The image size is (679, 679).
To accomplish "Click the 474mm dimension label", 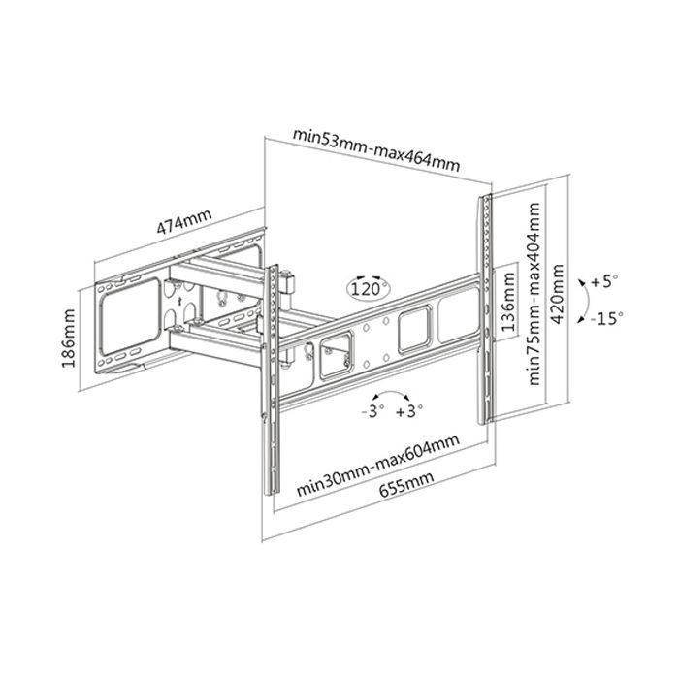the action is coord(184,222).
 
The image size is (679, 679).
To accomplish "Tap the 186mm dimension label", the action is coord(68,339).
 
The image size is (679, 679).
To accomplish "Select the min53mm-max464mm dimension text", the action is coord(376,149).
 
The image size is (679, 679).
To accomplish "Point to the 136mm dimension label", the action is coord(508,302).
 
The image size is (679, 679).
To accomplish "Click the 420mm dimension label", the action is coord(557,294).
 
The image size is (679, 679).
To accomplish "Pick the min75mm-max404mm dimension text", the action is coord(533,294).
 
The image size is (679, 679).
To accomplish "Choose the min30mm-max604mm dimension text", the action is coord(377,466).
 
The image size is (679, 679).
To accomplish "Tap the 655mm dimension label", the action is coord(406,485).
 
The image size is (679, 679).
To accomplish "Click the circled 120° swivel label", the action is coord(369,287).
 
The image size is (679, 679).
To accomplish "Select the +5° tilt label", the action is coord(604,281).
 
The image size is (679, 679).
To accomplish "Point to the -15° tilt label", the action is coord(606,319).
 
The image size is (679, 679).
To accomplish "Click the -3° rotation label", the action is coord(372,411).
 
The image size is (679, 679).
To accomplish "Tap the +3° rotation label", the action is coord(409,411).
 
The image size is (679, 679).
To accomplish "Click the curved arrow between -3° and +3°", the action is coord(391,393).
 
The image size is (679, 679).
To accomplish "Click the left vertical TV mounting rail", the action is coord(271,380).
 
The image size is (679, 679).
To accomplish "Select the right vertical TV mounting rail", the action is coord(485,309).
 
